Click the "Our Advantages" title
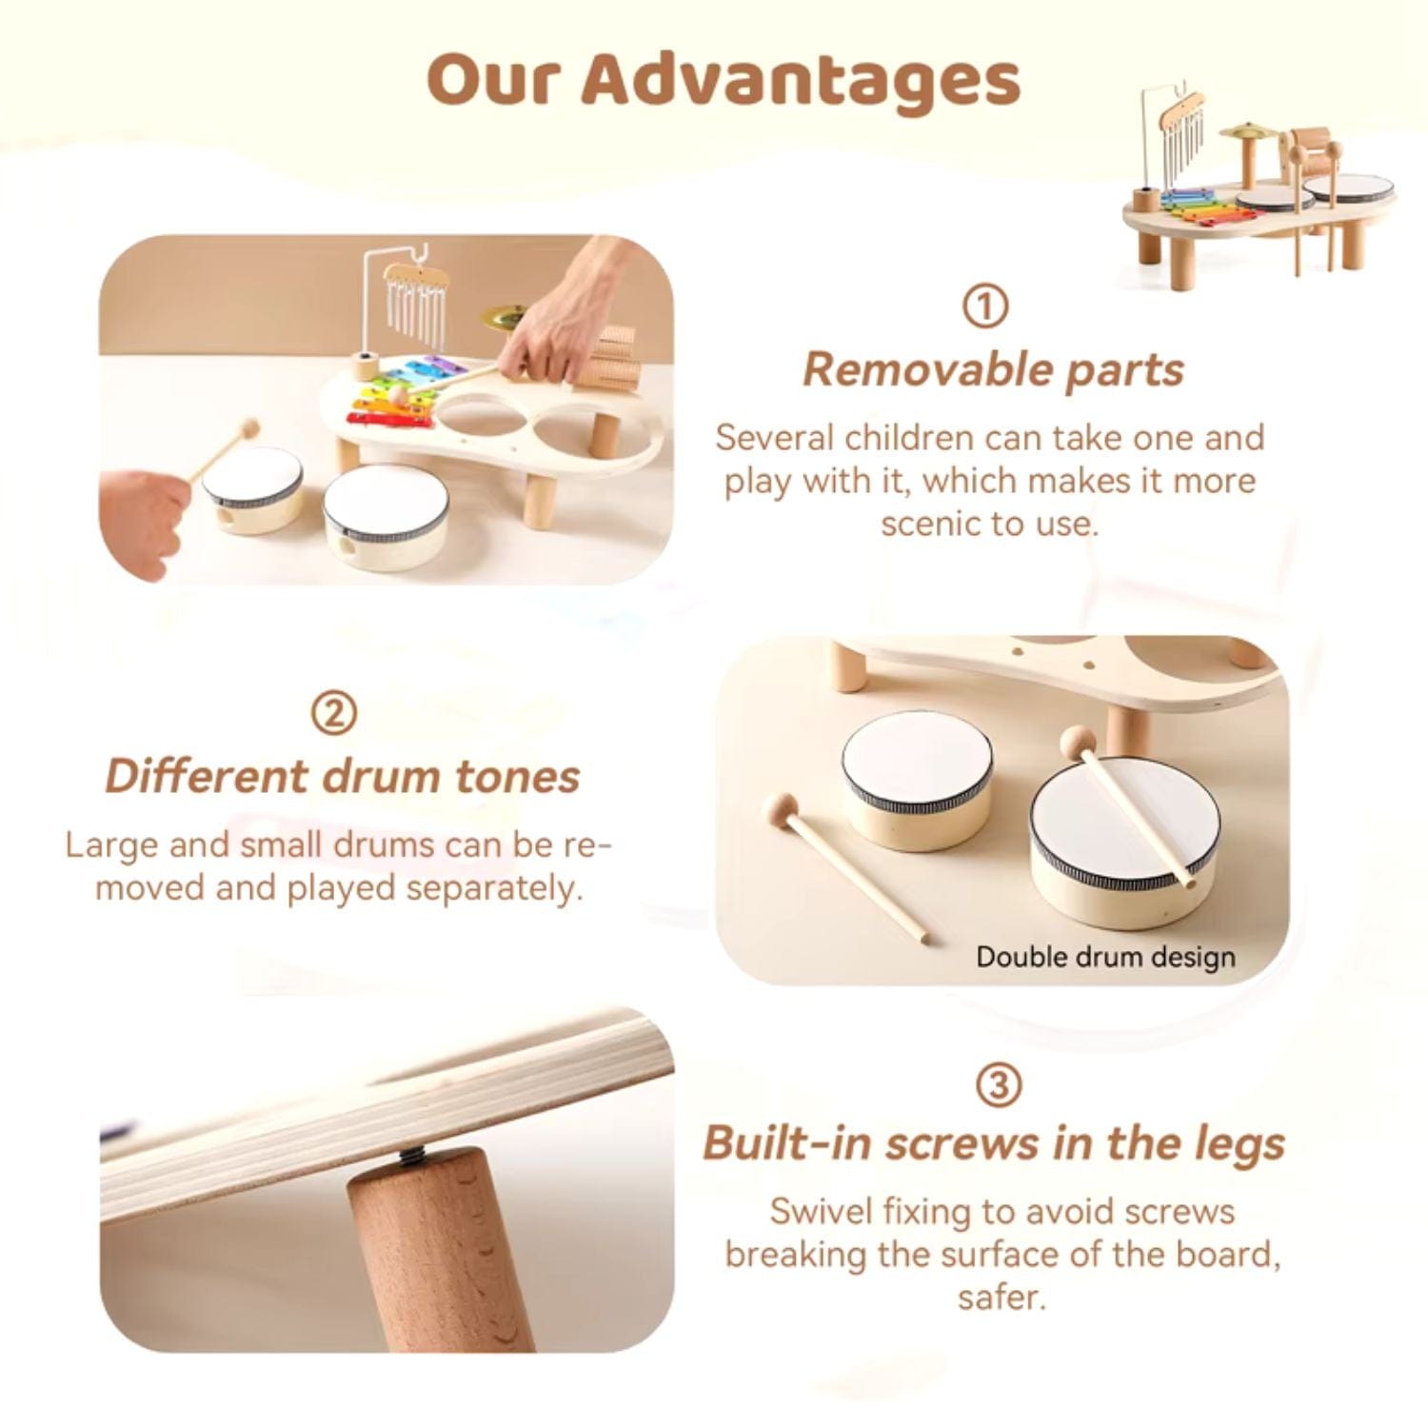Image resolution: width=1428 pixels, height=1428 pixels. [x=724, y=80]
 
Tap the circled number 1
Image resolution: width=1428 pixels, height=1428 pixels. [x=984, y=307]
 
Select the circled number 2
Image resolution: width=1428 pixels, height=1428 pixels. [x=334, y=713]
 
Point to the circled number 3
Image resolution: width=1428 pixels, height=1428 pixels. [x=999, y=1084]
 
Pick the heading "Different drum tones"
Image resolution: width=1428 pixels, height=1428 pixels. [x=342, y=777]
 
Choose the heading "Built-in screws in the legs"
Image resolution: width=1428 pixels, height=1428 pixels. [x=994, y=1143]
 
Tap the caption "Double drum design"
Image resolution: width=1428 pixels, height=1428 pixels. [x=1105, y=957]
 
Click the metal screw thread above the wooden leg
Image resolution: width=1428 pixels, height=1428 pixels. [x=410, y=1157]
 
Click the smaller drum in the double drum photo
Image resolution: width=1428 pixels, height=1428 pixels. [x=916, y=781]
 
